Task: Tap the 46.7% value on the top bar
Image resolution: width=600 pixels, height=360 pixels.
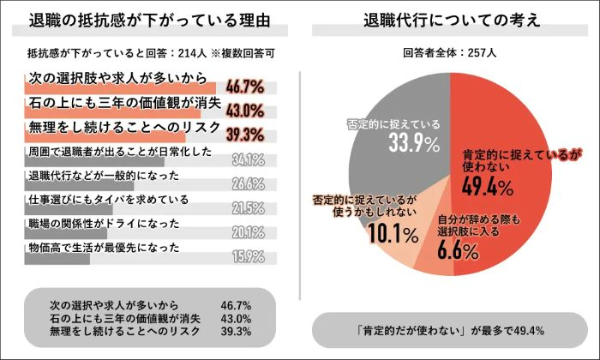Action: [x=243, y=88]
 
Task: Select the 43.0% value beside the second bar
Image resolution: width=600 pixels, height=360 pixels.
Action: [x=243, y=111]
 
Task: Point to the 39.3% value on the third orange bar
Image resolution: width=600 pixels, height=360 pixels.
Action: [x=243, y=135]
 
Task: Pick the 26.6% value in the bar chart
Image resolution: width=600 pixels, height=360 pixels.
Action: [x=247, y=183]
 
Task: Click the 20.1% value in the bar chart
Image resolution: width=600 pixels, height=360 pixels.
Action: [x=247, y=231]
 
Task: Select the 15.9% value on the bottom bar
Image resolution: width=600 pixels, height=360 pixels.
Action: [x=247, y=255]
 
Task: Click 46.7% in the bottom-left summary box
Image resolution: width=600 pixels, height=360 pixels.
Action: [x=236, y=304]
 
